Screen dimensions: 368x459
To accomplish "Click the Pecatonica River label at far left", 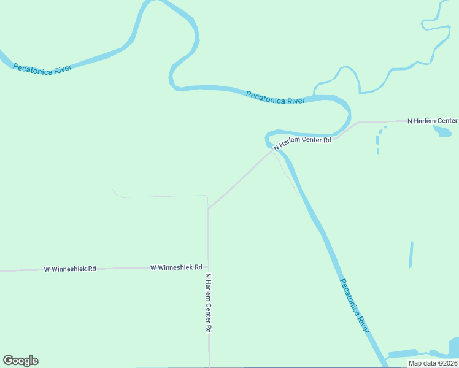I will click(x=42, y=68).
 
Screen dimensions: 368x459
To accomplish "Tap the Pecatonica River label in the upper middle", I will click(x=276, y=98).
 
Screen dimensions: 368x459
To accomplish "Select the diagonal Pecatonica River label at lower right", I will click(x=355, y=305).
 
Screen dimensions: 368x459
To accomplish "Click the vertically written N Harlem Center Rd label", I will click(x=209, y=302).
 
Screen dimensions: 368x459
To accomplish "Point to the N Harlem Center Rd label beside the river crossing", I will click(x=303, y=143).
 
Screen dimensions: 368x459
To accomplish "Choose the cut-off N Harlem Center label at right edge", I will click(x=433, y=121).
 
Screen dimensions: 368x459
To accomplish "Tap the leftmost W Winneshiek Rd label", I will click(x=70, y=269).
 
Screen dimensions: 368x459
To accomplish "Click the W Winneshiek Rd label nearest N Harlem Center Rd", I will click(x=176, y=267).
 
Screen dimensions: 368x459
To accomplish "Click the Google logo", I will click(x=20, y=361).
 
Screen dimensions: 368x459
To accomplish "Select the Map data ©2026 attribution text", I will click(x=433, y=363).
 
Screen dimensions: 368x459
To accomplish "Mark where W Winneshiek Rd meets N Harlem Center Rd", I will click(x=209, y=268).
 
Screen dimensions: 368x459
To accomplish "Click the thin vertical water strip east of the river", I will click(x=411, y=254).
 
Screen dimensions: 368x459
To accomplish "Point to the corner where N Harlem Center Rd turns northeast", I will click(x=209, y=209).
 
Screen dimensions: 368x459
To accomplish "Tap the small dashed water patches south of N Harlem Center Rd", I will click(x=379, y=140).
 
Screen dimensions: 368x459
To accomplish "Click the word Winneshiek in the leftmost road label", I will click(x=69, y=269).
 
